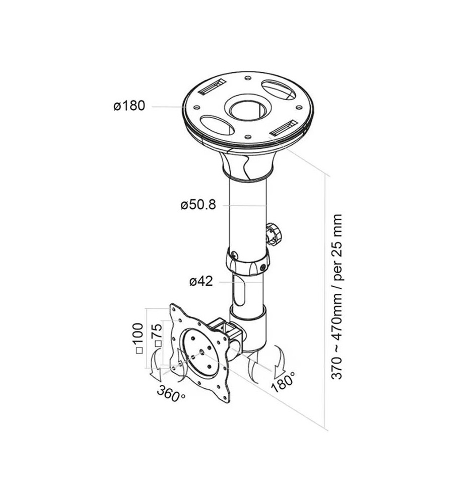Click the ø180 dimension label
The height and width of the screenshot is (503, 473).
[x=129, y=106]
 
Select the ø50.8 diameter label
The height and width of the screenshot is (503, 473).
[x=198, y=205]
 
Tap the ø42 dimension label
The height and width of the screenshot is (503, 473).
[x=201, y=281]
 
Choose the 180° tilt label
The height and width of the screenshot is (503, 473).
[x=283, y=381]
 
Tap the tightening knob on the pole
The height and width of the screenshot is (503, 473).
[x=274, y=234]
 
